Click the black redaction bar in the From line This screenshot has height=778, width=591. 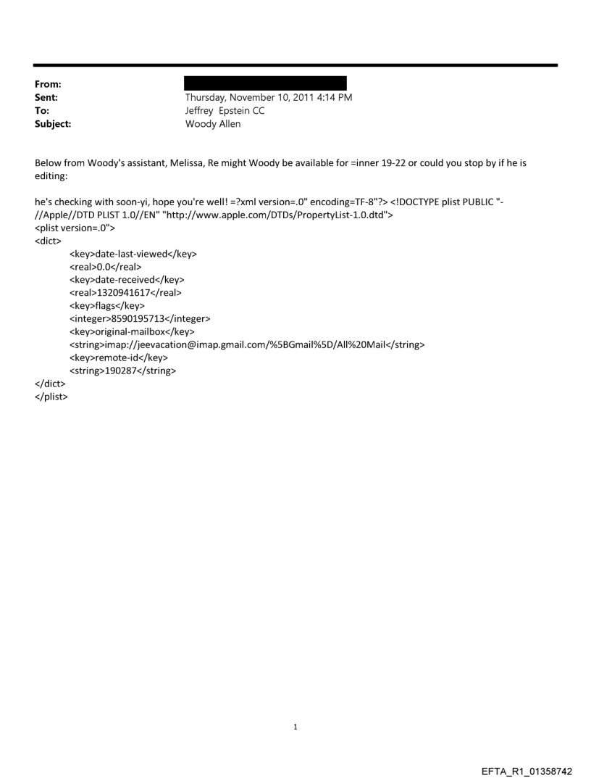[266, 83]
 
